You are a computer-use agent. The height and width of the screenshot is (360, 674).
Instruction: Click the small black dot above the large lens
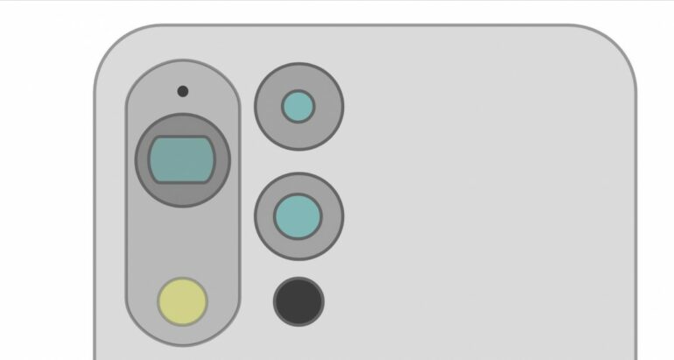click(x=182, y=91)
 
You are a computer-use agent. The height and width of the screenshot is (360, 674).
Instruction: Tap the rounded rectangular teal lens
click(x=182, y=159)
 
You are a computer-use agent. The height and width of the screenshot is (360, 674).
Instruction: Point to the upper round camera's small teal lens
click(x=298, y=107)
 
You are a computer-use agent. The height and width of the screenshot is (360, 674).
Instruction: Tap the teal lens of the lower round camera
click(x=298, y=215)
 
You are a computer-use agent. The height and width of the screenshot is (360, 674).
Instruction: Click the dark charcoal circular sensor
click(x=298, y=300)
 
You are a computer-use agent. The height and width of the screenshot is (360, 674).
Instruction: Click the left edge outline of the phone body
click(x=95, y=219)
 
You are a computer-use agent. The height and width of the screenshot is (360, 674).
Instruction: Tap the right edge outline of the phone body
click(x=635, y=219)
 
